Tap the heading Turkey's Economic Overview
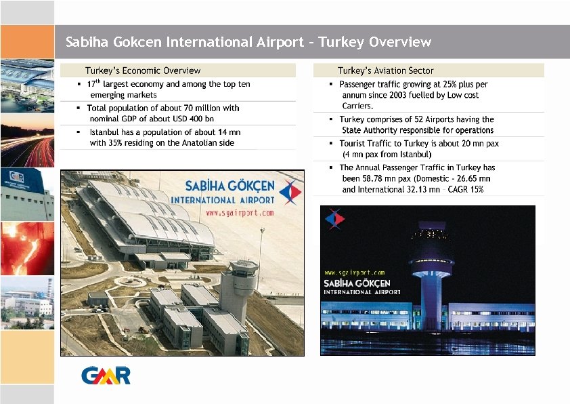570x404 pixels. [x=143, y=70]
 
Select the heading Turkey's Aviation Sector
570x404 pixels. [x=385, y=70]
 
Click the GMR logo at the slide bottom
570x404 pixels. [x=106, y=375]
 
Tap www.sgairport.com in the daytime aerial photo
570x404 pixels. [x=240, y=212]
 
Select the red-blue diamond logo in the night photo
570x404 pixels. [x=335, y=218]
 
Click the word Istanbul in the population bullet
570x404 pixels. [x=106, y=132]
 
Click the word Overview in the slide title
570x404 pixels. [x=400, y=42]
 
